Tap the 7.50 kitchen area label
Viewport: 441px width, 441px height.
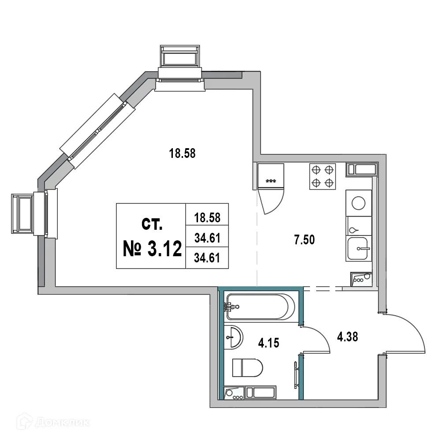coord(305,240)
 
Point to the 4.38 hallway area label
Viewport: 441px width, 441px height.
coord(347,337)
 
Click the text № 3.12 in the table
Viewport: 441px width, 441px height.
coord(152,250)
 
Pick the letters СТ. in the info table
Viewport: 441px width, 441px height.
coord(152,224)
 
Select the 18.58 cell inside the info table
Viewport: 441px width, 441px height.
coord(207,218)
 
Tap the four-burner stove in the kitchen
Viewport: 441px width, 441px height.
coord(322,176)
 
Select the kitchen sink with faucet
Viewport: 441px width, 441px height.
coord(359,248)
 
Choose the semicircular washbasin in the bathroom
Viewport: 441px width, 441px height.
coord(232,337)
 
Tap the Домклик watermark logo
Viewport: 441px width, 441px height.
coord(55,422)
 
